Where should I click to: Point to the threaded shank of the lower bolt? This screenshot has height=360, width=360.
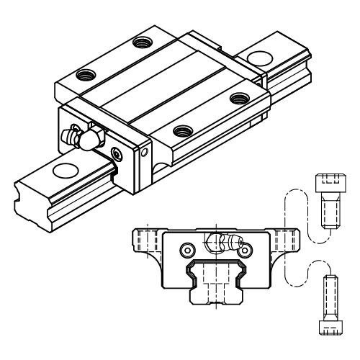331,297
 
